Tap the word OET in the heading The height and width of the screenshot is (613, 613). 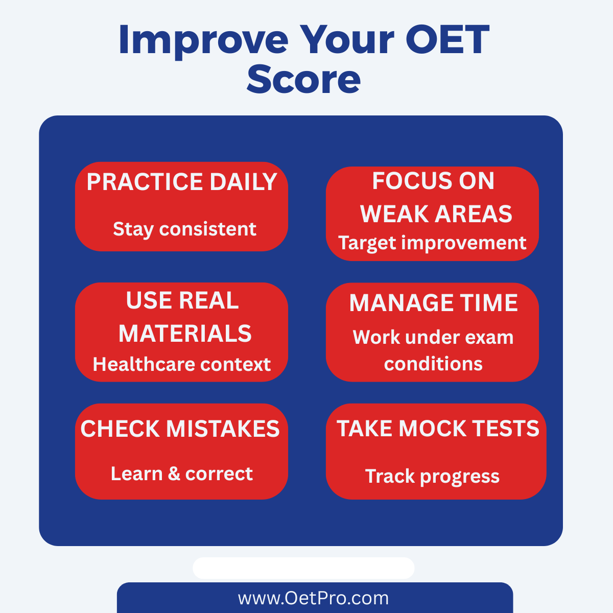point(447,39)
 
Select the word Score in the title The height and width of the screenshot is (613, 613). point(303,79)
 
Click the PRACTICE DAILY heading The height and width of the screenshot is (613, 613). point(182,182)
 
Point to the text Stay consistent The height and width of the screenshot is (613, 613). point(184,229)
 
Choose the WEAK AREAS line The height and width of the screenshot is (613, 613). point(436,214)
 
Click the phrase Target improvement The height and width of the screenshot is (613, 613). point(432,243)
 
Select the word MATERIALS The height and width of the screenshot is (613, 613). point(185,334)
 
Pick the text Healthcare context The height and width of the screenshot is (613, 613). point(182,364)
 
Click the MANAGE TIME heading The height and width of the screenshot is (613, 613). point(433,302)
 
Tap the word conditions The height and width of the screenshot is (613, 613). point(433,363)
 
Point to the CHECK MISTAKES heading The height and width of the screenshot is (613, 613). point(180,429)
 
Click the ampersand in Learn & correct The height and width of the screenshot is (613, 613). point(174,474)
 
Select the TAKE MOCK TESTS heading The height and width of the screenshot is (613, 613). point(438,428)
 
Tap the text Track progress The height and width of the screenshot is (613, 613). point(432,477)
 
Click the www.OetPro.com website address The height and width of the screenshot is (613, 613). point(313,598)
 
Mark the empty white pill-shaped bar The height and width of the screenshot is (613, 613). point(303,568)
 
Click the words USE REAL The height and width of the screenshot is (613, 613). point(182,300)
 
